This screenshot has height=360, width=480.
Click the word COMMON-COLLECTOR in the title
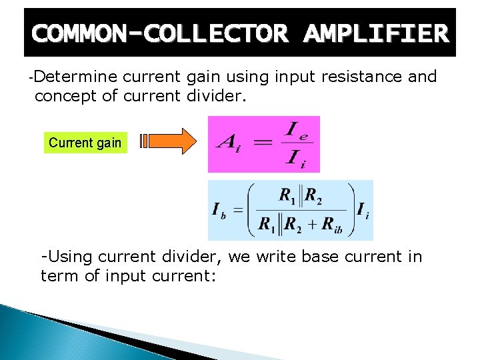159,33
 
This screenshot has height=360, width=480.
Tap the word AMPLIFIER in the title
375,33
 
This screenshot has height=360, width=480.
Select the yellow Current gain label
85,142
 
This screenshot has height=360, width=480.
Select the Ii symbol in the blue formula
363,211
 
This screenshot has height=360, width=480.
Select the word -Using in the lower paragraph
66,257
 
